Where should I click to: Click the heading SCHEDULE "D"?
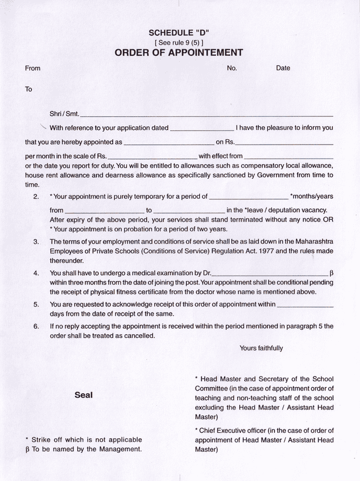click(x=179, y=32)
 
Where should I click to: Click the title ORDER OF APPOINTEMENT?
click(x=179, y=53)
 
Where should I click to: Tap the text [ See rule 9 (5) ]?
click(x=179, y=42)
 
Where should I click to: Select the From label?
click(x=32, y=68)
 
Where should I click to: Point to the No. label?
click(x=232, y=68)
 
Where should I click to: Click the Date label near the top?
click(x=283, y=68)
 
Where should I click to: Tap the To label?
click(x=29, y=89)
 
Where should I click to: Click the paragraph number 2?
click(x=36, y=197)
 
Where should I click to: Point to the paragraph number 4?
click(x=36, y=273)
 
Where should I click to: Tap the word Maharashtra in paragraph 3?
click(x=310, y=242)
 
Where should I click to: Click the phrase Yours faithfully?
click(x=261, y=348)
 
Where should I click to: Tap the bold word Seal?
click(x=83, y=395)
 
